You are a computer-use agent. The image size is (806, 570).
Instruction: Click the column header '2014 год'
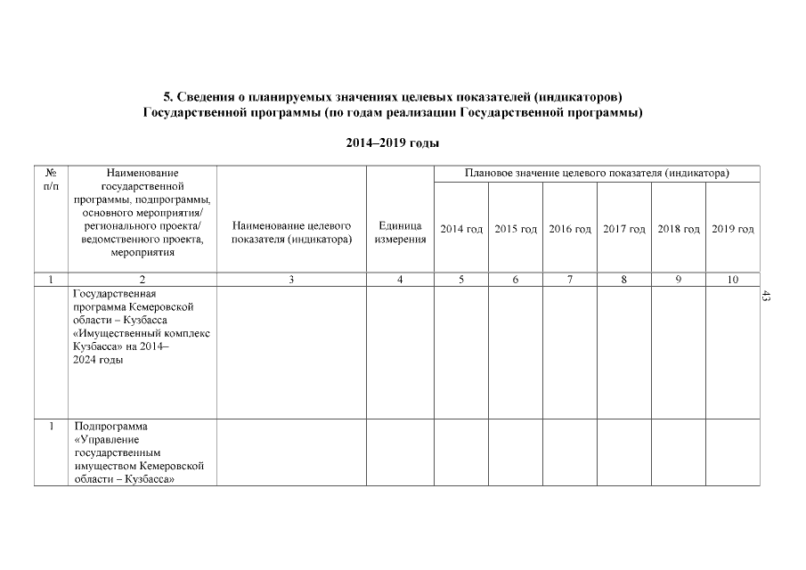[x=461, y=230]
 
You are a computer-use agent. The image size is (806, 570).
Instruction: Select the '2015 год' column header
[x=516, y=230]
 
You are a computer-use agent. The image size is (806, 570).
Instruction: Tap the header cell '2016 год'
[x=570, y=230]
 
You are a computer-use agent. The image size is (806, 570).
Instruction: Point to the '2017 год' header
[x=624, y=230]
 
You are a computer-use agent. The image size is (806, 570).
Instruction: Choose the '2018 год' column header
[x=679, y=230]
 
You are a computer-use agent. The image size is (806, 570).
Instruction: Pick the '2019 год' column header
[x=733, y=230]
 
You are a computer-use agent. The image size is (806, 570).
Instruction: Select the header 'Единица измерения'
[x=400, y=232]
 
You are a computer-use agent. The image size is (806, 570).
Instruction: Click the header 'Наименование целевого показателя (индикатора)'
[x=291, y=232]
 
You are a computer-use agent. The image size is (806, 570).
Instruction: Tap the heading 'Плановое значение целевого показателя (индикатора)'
[x=598, y=173]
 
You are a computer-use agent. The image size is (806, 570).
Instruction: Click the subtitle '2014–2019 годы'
[x=393, y=142]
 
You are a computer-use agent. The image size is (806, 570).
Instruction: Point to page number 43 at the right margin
[x=765, y=296]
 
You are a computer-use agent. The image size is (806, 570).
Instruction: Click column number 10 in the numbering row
[x=732, y=280]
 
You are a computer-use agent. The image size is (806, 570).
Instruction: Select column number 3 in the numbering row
[x=291, y=280]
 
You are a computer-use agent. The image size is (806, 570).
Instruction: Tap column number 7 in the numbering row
[x=570, y=280]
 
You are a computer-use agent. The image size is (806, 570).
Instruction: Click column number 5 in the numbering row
[x=461, y=280]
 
